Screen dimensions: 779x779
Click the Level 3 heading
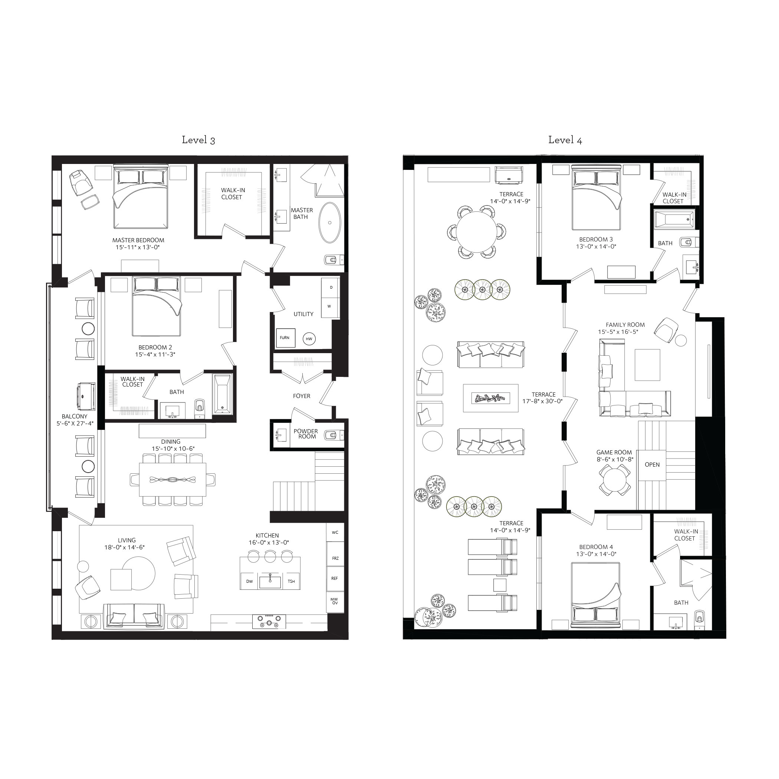pos(198,140)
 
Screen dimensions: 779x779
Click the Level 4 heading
pos(565,140)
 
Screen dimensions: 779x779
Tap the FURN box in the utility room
pos(285,338)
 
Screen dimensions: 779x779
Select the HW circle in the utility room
pos(309,339)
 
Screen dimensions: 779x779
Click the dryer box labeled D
pos(331,287)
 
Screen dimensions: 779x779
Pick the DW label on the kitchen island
pos(250,581)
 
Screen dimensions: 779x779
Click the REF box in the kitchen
pos(335,578)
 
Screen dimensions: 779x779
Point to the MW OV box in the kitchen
pos(335,601)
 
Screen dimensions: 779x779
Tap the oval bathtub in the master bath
pos(330,223)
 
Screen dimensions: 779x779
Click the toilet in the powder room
pos(333,435)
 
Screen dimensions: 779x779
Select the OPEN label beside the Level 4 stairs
pos(652,464)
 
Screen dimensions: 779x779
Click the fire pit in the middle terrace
pos(490,398)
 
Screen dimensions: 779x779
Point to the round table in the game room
pos(615,479)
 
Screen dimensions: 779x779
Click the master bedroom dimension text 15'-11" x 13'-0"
pos(138,247)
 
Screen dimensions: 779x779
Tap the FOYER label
pos(302,396)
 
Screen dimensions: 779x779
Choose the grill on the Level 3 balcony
pos(85,397)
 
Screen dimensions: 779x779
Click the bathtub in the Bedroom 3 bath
pos(674,220)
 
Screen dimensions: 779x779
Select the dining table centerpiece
pos(172,480)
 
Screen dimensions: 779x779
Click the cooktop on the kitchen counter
pos(269,621)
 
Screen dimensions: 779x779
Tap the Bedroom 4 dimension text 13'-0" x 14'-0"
pos(596,554)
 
